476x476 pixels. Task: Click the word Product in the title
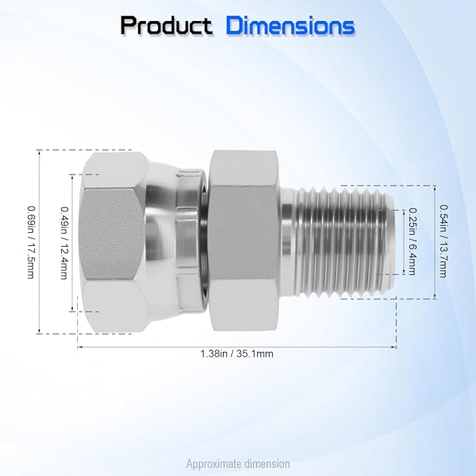coord(166,26)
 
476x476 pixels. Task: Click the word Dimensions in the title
coord(290,26)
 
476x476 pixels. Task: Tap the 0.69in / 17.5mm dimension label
coord(29,241)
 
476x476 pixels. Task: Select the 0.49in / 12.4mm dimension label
coord(64,241)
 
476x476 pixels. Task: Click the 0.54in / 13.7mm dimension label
coord(444,239)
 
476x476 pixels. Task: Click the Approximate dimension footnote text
coord(238,463)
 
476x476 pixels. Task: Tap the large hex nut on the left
coord(112,241)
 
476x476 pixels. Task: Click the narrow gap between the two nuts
coord(205,241)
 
